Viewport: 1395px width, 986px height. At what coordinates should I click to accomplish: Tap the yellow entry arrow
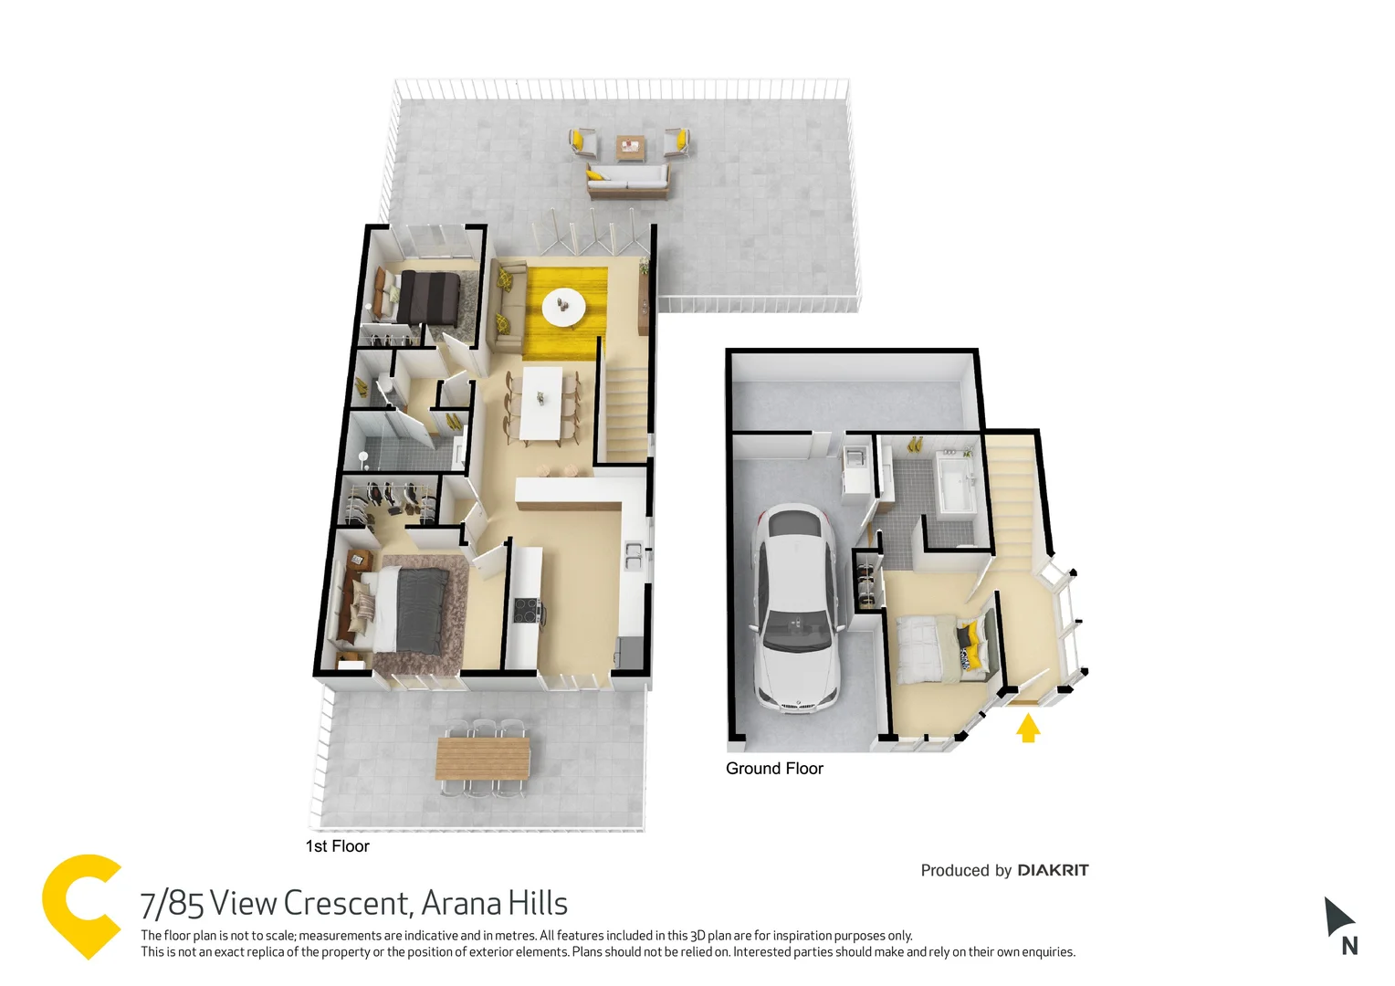coord(1028,728)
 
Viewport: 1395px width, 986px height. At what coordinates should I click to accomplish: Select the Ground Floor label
coord(774,769)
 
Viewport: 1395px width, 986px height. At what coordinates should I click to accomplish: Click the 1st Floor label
coord(337,846)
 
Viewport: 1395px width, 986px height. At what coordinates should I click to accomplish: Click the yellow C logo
coord(80,906)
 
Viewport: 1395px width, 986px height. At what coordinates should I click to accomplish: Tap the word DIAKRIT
coord(1053,870)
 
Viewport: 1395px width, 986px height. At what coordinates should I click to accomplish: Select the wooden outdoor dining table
coord(482,758)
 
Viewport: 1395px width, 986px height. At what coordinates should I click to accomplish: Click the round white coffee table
coord(563,307)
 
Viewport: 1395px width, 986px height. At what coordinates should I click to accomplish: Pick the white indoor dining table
coord(541,403)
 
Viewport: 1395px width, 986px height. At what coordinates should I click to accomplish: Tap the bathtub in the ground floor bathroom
coord(957,485)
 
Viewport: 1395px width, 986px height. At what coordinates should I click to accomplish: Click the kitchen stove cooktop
coord(527,609)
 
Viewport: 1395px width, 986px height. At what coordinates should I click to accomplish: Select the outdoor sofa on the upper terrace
coord(627,182)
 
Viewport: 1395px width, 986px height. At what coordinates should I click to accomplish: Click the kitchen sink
coord(633,555)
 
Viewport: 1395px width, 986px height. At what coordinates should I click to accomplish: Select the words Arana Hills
coord(495,904)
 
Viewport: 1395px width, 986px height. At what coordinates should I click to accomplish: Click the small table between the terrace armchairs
coord(629,145)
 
